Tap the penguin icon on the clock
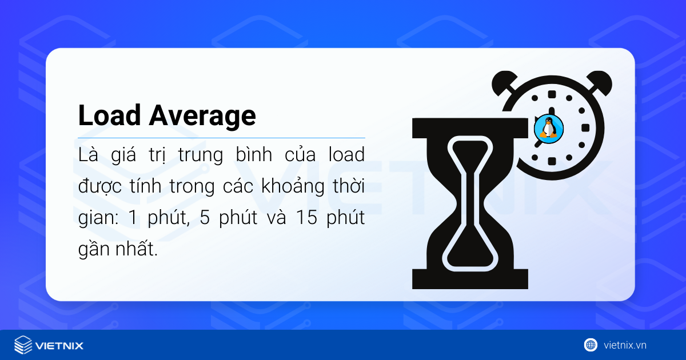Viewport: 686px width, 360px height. (549, 128)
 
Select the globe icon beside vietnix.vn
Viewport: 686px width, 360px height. (591, 345)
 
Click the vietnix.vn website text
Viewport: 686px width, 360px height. (625, 345)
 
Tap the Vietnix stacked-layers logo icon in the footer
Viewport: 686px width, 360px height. (23, 345)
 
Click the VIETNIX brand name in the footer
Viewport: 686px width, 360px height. (59, 346)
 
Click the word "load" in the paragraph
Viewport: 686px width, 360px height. (346, 155)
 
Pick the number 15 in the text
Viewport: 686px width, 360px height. (295, 220)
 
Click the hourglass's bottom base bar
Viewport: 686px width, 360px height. (470, 281)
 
